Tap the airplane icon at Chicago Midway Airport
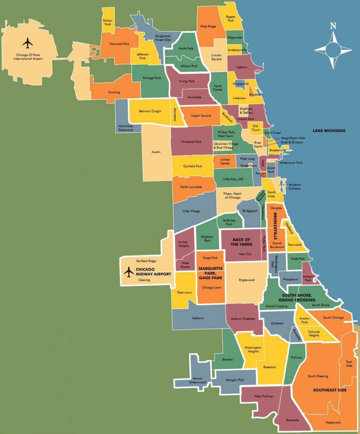pyautogui.click(x=129, y=272)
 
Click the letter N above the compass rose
pyautogui.click(x=333, y=26)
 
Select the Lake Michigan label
pyautogui.click(x=329, y=130)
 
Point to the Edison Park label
pyautogui.click(x=107, y=22)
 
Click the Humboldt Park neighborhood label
pyautogui.click(x=191, y=142)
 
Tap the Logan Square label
pyautogui.click(x=201, y=115)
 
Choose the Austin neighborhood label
pyautogui.click(x=156, y=152)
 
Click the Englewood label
pyautogui.click(x=247, y=280)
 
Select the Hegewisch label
pyautogui.click(x=333, y=422)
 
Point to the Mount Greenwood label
pyautogui.click(x=197, y=380)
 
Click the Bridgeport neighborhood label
pyautogui.click(x=250, y=211)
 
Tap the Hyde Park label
pyautogui.click(x=298, y=259)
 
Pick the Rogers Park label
pyautogui.click(x=230, y=19)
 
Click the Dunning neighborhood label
pyautogui.click(x=114, y=92)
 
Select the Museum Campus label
pyautogui.click(x=295, y=187)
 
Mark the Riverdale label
pyautogui.click(x=292, y=420)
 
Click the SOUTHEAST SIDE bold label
pyautogui.click(x=330, y=390)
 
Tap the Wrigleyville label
pyautogui.click(x=241, y=84)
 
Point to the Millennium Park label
pyautogui.click(x=291, y=163)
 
